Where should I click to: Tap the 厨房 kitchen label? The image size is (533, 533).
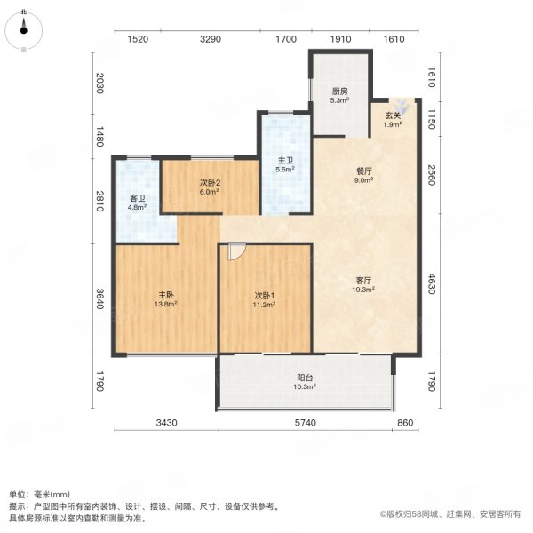click(x=340, y=91)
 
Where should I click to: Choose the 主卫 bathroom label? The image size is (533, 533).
click(x=284, y=160)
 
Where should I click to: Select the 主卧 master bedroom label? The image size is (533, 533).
click(x=164, y=295)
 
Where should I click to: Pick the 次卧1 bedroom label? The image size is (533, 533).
click(x=265, y=295)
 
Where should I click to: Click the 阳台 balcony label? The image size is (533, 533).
click(x=306, y=378)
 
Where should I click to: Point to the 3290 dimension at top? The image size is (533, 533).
click(x=210, y=40)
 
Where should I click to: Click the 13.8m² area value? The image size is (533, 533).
click(x=164, y=305)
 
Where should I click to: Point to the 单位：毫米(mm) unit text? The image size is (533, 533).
click(x=42, y=495)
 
